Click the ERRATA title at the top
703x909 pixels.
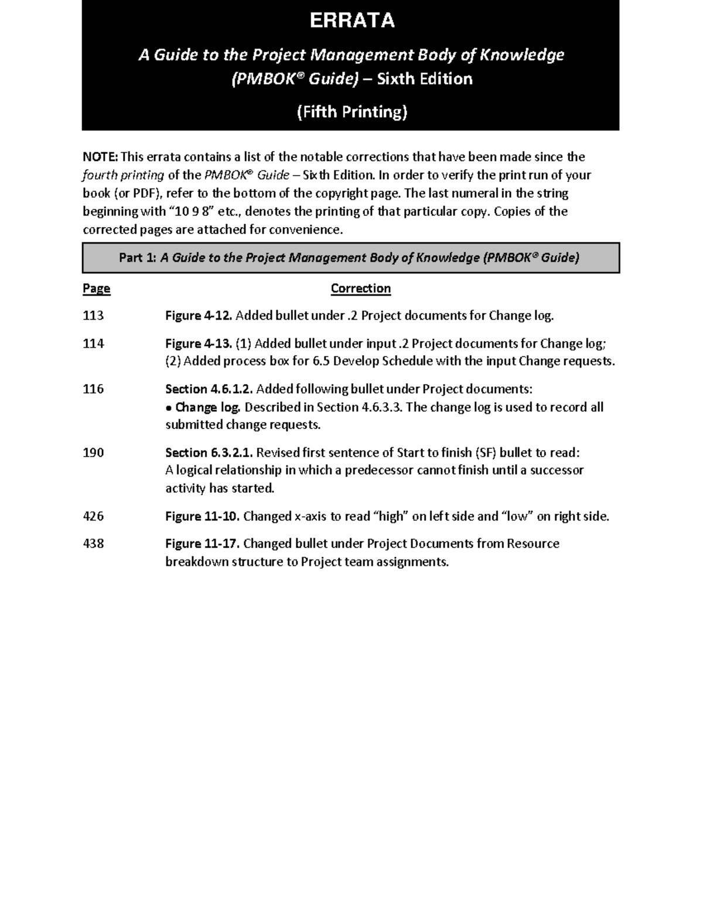(351, 21)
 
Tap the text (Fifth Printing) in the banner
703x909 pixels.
(351, 111)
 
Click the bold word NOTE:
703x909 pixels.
(101, 157)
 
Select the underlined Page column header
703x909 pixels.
(97, 289)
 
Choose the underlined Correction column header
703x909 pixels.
(360, 289)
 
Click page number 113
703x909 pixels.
(93, 316)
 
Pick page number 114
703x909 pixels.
(93, 344)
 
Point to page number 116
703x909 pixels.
(93, 389)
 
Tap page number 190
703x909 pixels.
(93, 452)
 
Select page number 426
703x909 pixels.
(93, 516)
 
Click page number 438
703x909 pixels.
(93, 544)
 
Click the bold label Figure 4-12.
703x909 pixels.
(199, 316)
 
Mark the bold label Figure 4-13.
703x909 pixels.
(199, 344)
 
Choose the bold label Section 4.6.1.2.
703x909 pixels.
(209, 389)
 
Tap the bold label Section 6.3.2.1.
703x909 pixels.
(209, 452)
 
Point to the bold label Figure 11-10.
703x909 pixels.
(202, 516)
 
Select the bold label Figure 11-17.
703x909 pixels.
(202, 544)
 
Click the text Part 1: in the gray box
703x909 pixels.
(138, 258)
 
